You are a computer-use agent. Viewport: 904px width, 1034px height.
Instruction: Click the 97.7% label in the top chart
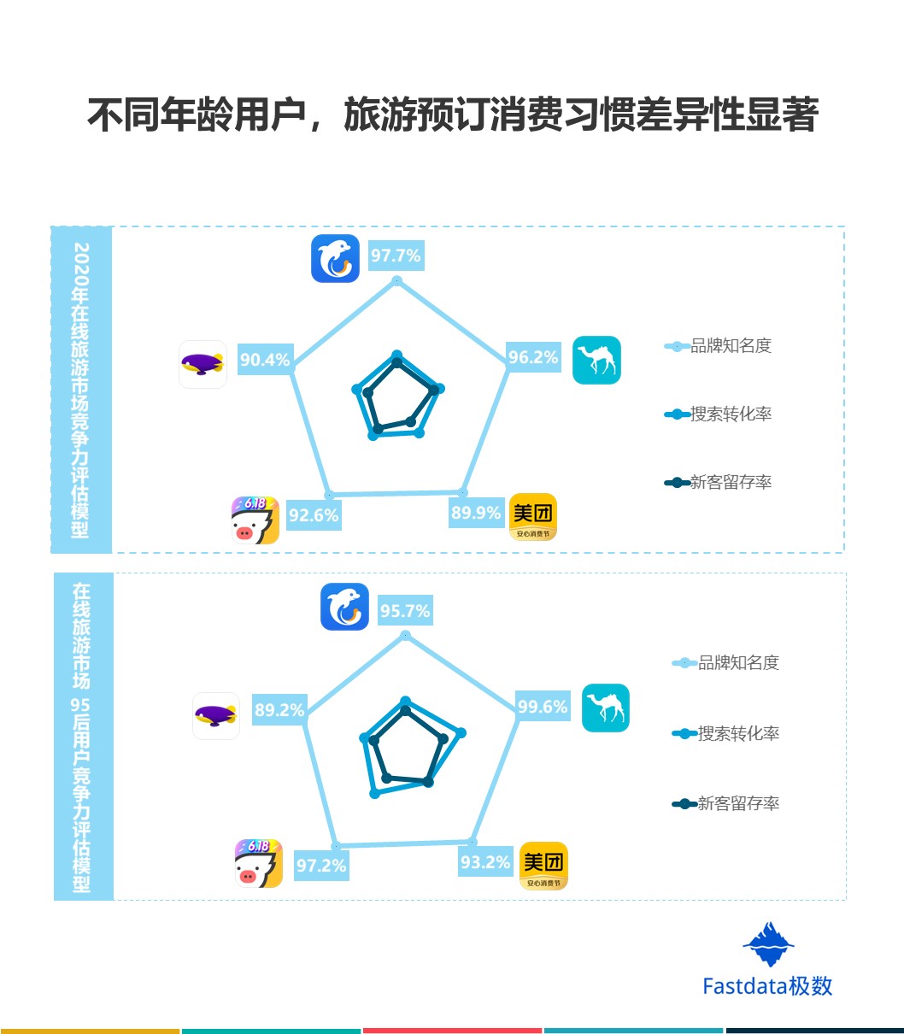tap(396, 256)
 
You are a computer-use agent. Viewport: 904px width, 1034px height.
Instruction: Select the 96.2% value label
tap(533, 357)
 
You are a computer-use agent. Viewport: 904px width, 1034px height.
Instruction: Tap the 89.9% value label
tap(475, 513)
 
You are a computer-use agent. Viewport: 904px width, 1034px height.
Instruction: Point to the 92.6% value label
tap(314, 515)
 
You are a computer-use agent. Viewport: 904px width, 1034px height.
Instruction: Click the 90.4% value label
tap(265, 360)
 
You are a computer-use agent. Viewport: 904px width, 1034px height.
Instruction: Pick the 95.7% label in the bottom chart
tap(405, 611)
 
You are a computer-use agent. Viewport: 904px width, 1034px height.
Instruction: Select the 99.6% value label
tap(543, 707)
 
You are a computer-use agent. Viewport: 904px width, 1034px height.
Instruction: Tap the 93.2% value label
tap(485, 862)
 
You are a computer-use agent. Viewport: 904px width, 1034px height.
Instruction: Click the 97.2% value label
tap(321, 866)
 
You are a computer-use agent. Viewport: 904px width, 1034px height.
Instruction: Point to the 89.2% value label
tap(279, 710)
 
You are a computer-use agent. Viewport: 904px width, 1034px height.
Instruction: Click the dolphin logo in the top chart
tap(335, 258)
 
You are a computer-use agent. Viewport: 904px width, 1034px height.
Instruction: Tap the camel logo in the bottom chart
tap(605, 708)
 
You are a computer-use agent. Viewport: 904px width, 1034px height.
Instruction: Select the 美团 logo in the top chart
tap(533, 517)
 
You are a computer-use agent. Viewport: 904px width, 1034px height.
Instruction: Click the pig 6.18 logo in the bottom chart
tap(258, 863)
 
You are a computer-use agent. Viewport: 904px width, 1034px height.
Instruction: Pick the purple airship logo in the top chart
tap(203, 364)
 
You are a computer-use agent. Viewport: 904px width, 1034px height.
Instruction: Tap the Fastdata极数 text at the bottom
tap(767, 985)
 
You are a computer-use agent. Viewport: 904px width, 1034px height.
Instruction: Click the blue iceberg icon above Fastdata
tap(768, 944)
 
